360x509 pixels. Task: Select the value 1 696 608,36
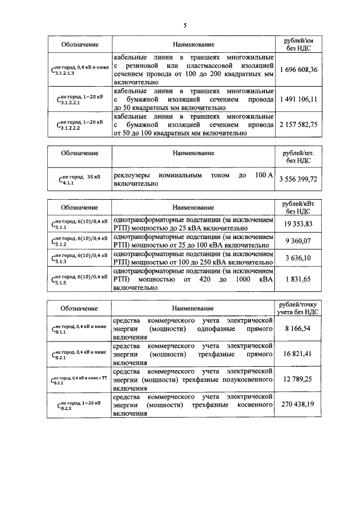point(298,70)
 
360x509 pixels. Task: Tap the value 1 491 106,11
point(298,98)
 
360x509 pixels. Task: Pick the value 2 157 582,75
point(298,124)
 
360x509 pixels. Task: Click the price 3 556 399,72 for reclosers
point(298,179)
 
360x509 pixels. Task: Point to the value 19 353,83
point(298,223)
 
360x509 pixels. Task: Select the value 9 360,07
point(298,241)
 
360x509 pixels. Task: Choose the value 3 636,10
point(298,258)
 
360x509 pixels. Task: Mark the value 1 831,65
point(298,278)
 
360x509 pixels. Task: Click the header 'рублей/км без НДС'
point(298,44)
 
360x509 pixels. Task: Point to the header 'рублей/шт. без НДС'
point(298,156)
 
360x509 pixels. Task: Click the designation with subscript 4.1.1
point(79,179)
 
